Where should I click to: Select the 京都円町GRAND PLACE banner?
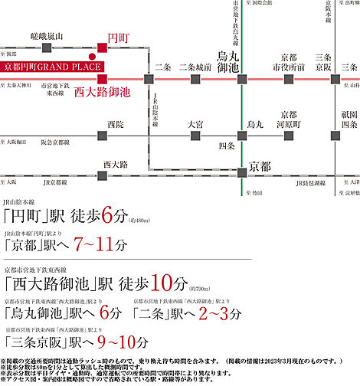click(x=54, y=67)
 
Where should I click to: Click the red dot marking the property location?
click(x=91, y=56)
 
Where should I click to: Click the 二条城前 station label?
click(x=195, y=67)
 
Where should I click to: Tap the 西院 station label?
click(x=116, y=123)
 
